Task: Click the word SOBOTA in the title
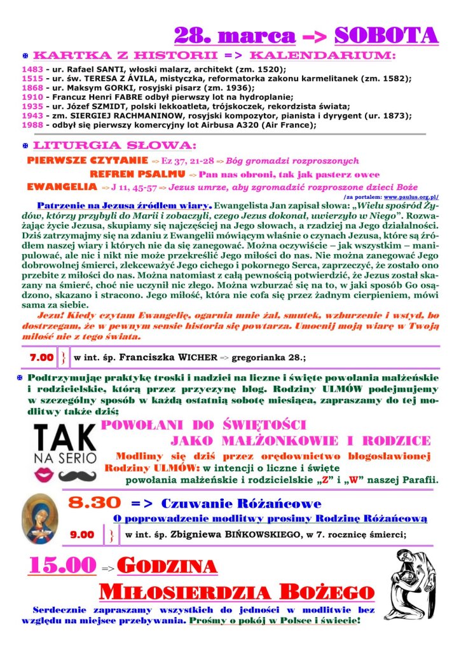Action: (386, 34)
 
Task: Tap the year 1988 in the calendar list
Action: (32, 125)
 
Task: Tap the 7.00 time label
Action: (41, 358)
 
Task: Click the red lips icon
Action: (46, 474)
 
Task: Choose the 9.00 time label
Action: (82, 534)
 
